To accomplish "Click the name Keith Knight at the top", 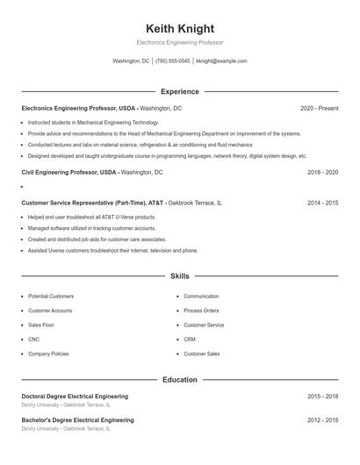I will tap(180, 28).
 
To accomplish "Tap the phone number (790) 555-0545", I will tap(173, 61).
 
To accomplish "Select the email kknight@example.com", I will tap(221, 61).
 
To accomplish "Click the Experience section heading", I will tap(180, 91).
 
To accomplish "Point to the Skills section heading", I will tap(180, 275).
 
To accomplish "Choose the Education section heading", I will tap(180, 380).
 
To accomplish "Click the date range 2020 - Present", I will tap(319, 108).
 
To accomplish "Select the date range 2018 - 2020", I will tap(323, 173).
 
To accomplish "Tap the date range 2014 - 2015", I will tap(323, 203).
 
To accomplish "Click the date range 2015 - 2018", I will tap(323, 397).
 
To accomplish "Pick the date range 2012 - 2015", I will tap(323, 420).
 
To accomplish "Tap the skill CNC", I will tap(33, 339).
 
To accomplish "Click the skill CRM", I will tap(190, 339).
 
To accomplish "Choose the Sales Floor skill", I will tap(41, 325).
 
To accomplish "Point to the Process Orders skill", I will tap(201, 311).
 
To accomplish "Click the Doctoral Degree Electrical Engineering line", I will tap(75, 397).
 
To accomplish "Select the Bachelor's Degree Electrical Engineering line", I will tap(77, 420).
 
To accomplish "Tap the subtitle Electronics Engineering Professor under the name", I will tap(180, 42).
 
